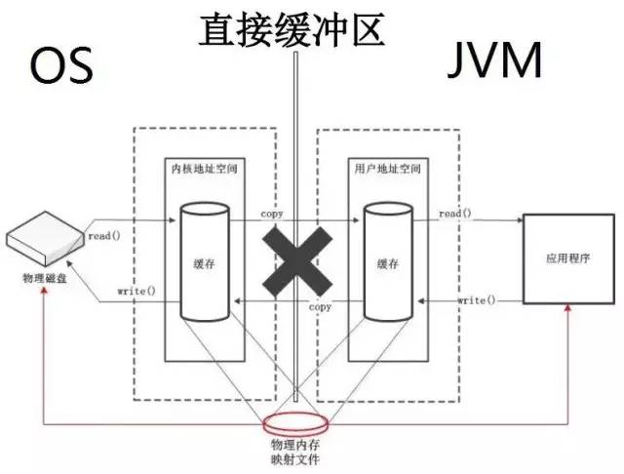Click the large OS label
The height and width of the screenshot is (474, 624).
click(60, 65)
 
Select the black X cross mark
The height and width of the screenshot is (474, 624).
click(292, 258)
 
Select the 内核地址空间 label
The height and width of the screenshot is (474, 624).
click(194, 170)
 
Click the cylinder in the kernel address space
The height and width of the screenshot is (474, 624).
click(204, 261)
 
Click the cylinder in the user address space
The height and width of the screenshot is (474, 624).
click(387, 261)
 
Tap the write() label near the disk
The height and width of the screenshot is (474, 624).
click(136, 292)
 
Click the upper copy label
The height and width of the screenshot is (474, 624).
click(272, 213)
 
